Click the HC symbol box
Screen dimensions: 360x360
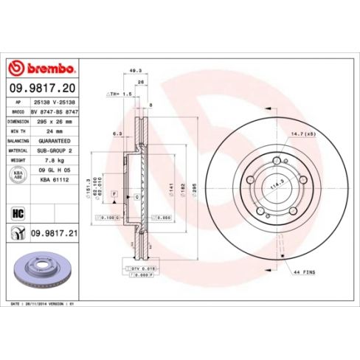pos(18,213)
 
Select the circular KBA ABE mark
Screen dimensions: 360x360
pos(18,174)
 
